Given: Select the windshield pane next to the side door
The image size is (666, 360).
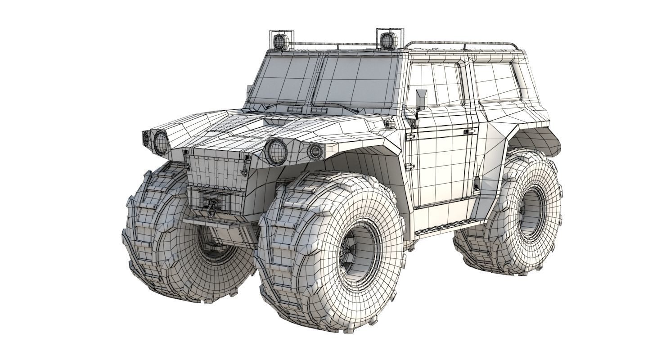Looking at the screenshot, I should [x=355, y=81].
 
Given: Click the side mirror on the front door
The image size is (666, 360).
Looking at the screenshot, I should [x=421, y=99].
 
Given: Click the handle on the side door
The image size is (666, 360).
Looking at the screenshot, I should [x=469, y=132].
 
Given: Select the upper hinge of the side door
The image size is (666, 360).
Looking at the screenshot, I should [x=410, y=136].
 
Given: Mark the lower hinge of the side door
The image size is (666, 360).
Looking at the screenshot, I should [x=409, y=167].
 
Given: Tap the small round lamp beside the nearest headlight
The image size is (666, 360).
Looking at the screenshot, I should [x=315, y=152].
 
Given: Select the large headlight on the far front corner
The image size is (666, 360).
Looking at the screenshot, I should [x=161, y=142].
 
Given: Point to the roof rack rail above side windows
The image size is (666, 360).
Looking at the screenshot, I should [x=463, y=44].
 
